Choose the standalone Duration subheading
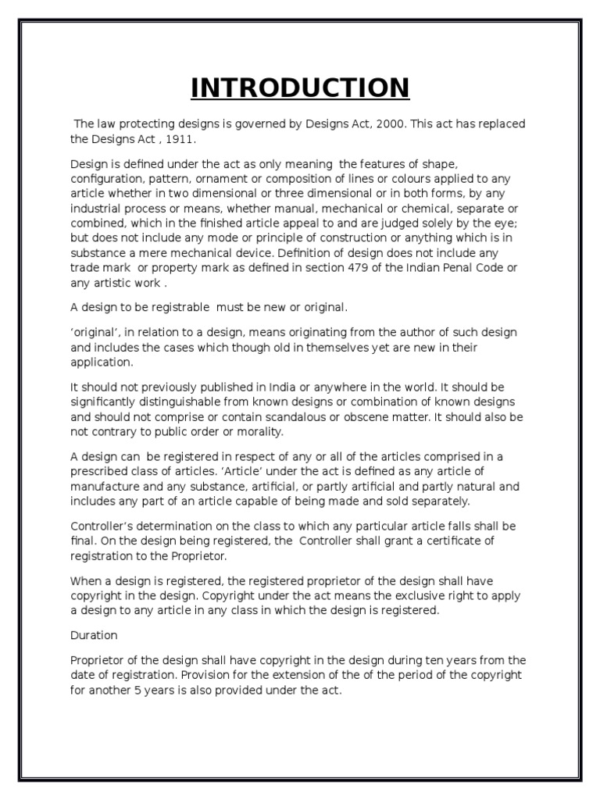pos(94,636)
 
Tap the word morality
pos(261,432)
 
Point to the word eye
pos(514,224)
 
